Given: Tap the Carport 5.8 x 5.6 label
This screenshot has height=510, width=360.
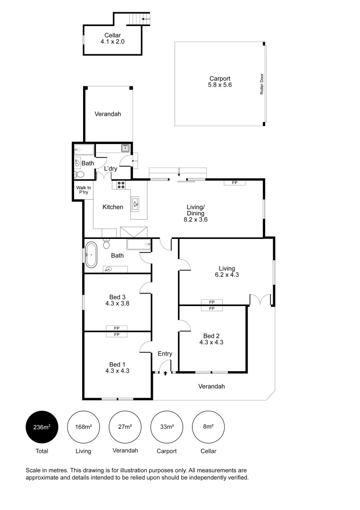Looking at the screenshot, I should tap(220, 82).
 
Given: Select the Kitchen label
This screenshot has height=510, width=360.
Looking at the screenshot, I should tap(113, 207).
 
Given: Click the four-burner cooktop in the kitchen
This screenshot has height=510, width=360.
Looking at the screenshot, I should tap(121, 185).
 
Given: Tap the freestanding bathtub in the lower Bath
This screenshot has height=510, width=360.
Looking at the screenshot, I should tap(91, 255).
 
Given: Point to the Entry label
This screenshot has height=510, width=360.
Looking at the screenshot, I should tap(165, 354).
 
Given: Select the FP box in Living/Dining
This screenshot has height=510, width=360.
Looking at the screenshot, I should tap(234, 182).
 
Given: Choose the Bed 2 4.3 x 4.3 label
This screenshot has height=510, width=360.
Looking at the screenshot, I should tap(211, 339).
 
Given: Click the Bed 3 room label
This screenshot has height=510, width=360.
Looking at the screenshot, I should tap(117, 300).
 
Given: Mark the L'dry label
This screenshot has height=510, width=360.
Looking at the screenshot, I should tap(110, 169).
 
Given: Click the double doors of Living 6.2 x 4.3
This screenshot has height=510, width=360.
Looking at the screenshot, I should tap(260, 299).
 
